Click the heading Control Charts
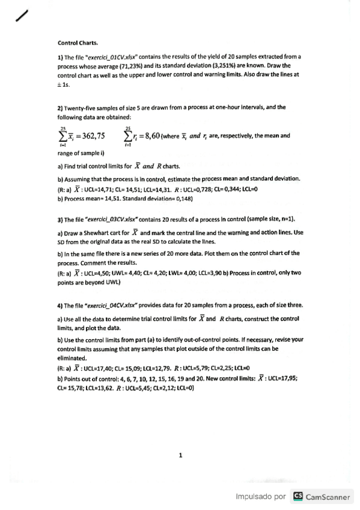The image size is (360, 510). click(78, 43)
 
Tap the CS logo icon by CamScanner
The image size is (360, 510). click(297, 497)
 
